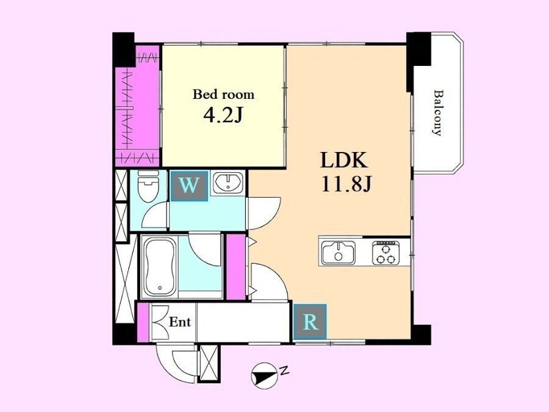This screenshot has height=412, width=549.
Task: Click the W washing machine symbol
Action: point(189,186)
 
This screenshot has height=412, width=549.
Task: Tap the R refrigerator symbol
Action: point(310,322)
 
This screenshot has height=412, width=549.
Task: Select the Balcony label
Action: point(438,113)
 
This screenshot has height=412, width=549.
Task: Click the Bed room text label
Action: point(223,95)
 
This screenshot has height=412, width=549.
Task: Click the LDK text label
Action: point(344,161)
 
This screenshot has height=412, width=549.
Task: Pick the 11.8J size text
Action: point(346,184)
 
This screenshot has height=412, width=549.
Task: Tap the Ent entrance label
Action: point(179,322)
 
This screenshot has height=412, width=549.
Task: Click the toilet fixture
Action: point(148,186)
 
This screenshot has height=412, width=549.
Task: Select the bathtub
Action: point(160,267)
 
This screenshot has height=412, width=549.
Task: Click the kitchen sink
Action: point(339,253)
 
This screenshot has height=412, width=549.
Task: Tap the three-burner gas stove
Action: point(386,253)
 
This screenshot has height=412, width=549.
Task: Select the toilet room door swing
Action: point(155,215)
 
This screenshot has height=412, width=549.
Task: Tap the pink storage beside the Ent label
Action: point(143,322)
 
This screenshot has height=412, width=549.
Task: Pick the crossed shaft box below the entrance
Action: point(209,363)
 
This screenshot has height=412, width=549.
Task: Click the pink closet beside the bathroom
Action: point(235,267)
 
